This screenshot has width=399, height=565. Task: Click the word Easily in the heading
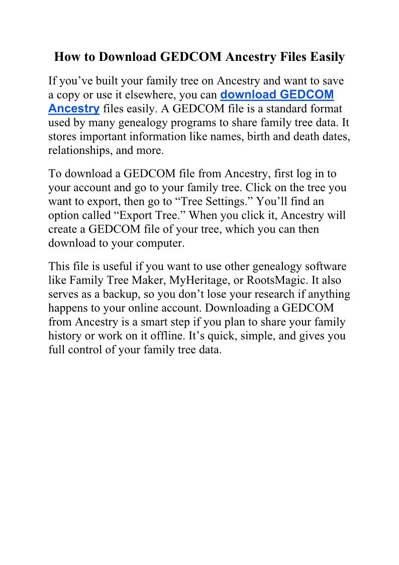click(326, 57)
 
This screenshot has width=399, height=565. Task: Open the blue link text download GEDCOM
click(277, 95)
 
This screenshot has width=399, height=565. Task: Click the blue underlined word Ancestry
click(74, 108)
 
